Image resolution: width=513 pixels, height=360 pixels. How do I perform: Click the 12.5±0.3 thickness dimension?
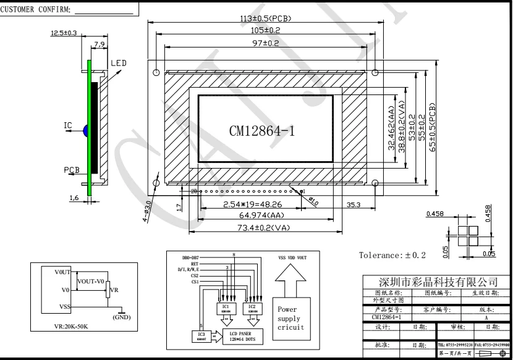(x=64, y=33)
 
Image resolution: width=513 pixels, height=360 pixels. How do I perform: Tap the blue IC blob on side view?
(x=86, y=130)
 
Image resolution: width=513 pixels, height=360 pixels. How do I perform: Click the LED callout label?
(x=118, y=64)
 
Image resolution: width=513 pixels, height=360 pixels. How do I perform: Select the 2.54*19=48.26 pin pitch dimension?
(x=250, y=204)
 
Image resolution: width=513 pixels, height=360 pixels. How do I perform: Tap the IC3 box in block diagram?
(x=202, y=336)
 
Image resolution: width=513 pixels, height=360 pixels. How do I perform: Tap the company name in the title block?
(x=438, y=282)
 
